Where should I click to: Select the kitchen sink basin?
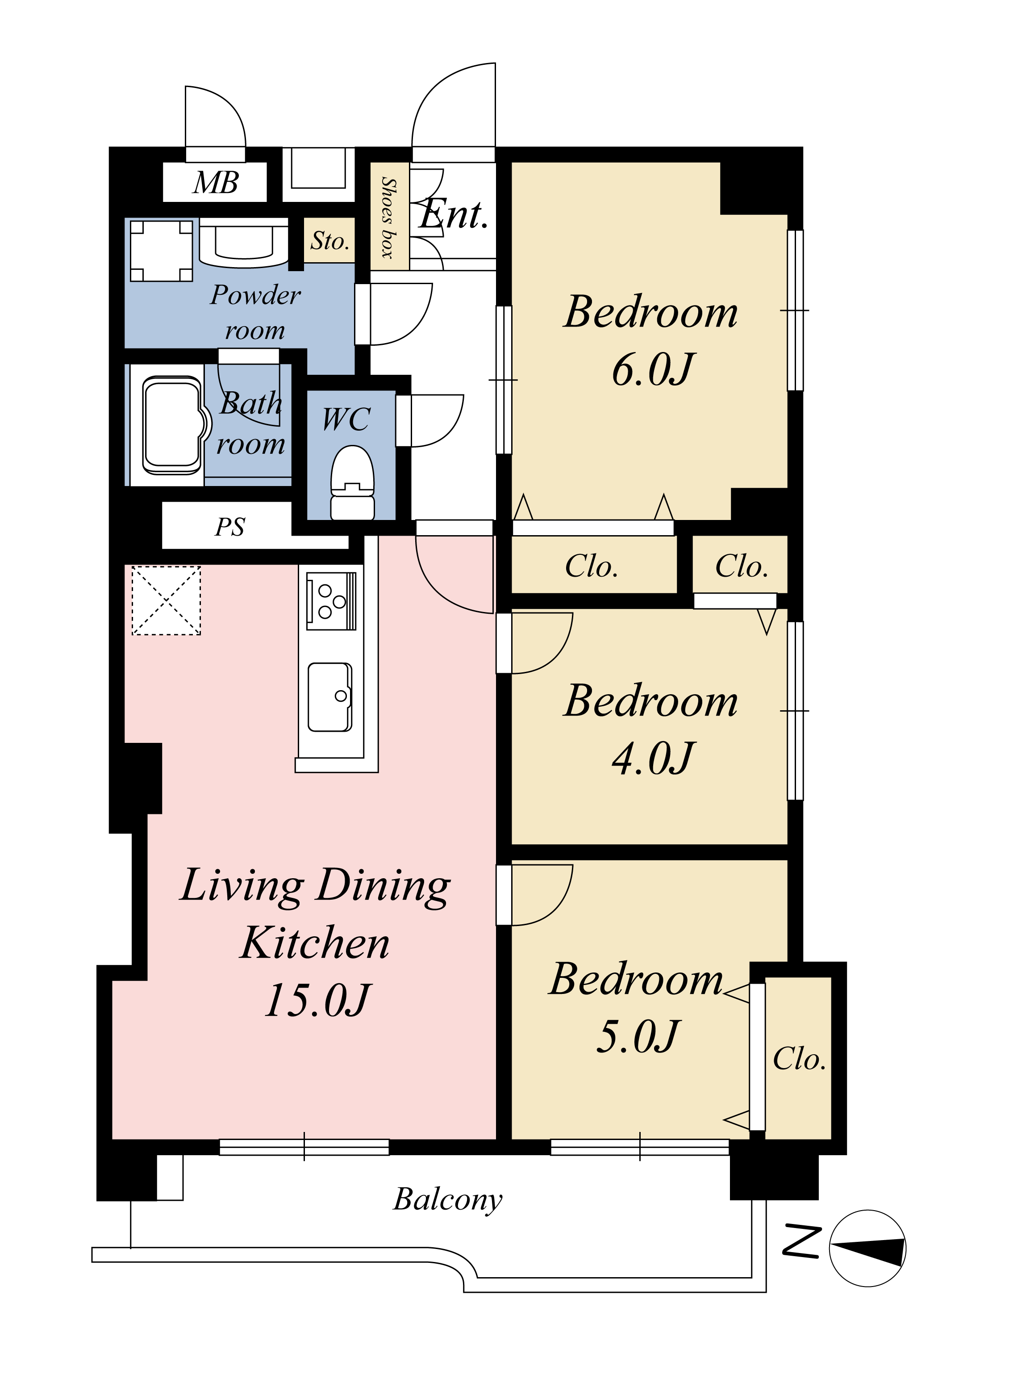(x=330, y=697)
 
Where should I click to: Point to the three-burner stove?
(x=331, y=601)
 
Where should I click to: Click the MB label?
(x=215, y=183)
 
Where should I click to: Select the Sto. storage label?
(x=330, y=241)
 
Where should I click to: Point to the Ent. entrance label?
(x=454, y=214)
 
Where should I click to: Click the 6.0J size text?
(x=654, y=370)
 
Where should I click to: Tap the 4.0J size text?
(x=654, y=758)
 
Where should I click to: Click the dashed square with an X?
(x=166, y=600)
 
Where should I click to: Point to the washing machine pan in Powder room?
(x=161, y=251)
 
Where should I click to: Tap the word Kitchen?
(x=316, y=943)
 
